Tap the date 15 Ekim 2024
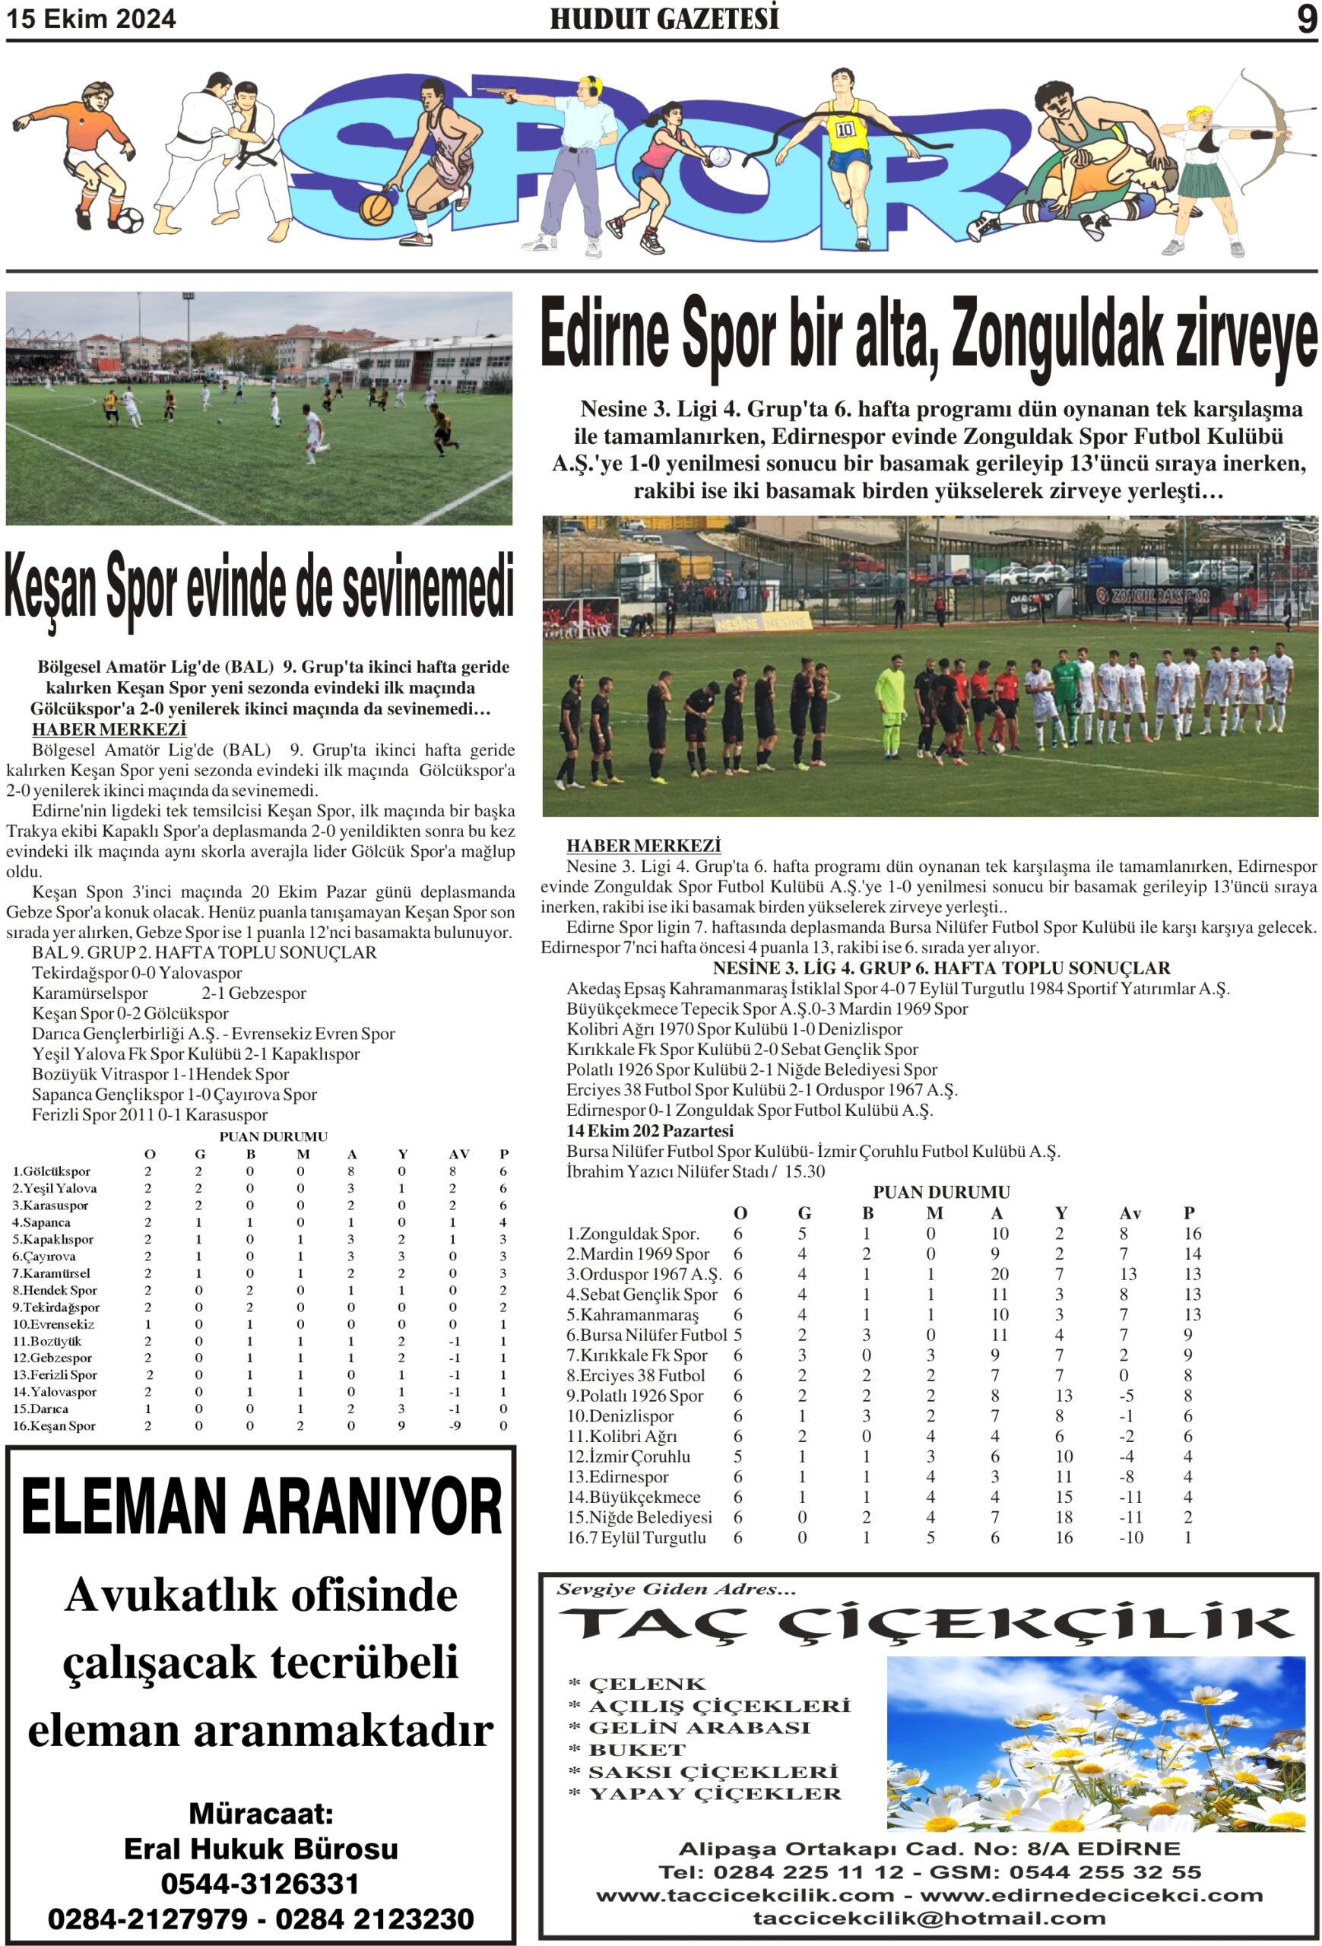click(x=91, y=19)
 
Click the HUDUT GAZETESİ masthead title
click(x=664, y=18)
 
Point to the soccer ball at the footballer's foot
click(x=129, y=220)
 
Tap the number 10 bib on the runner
click(x=845, y=130)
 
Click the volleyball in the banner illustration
click(x=718, y=157)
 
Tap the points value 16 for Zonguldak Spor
click(x=1192, y=1234)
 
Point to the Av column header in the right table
click(x=1130, y=1213)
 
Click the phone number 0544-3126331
click(x=261, y=1883)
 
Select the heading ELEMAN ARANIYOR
click(x=262, y=1507)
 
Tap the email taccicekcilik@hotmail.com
click(x=929, y=1919)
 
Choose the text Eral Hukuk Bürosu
click(x=262, y=1848)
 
